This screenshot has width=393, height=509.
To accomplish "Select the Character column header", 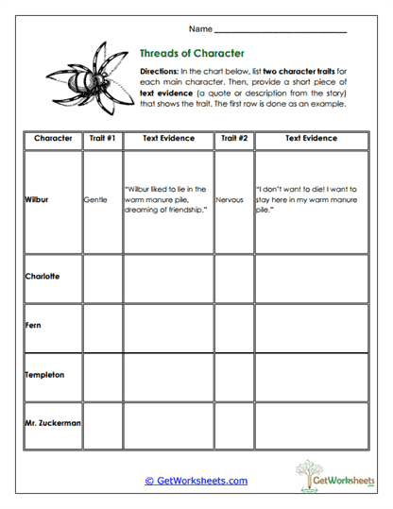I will coord(53,139).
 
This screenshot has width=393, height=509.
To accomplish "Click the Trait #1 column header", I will coord(102,139).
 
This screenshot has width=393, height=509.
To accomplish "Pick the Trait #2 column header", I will coord(234,139).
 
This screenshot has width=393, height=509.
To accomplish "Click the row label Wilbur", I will coord(37,201).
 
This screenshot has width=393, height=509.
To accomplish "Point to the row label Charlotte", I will coord(43,277).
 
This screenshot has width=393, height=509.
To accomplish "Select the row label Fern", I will coord(32,325).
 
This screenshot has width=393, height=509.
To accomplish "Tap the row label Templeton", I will coord(44,375).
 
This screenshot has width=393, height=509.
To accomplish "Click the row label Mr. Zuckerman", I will coord(53,424).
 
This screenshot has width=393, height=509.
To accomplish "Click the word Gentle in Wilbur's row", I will coord(96,201).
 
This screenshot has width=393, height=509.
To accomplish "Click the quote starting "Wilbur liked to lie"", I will coord(168,201).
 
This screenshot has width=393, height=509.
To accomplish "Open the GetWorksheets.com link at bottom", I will coord(196,481).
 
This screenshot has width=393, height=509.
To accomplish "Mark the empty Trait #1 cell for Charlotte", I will coord(102,278).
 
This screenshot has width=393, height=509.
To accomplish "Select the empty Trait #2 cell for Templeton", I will coord(234,376).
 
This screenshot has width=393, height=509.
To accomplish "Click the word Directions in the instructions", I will coord(158,72).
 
